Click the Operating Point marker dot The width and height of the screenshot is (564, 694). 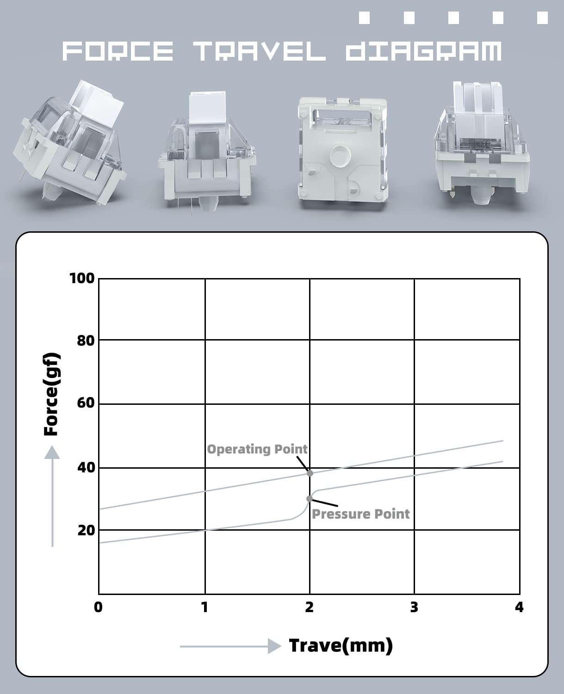310,473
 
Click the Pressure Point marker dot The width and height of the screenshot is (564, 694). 310,498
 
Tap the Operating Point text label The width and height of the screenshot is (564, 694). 257,449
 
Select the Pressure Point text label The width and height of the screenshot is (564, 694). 360,514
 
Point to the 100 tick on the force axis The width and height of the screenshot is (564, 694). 82,278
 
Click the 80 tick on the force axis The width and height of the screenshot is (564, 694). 85,341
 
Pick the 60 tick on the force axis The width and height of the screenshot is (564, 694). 85,403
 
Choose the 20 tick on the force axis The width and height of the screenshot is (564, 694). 85,530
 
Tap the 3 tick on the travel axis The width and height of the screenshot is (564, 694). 414,607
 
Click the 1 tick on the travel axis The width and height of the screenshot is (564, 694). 205,607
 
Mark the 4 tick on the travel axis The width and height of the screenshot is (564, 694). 519,607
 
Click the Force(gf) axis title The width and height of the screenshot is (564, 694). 51,394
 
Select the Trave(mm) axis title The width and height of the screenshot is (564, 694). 341,645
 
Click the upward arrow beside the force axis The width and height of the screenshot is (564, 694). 52,495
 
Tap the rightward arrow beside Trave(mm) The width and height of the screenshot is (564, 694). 230,646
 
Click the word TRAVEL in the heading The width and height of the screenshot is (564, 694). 260,51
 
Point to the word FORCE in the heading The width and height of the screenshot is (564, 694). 118,51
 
